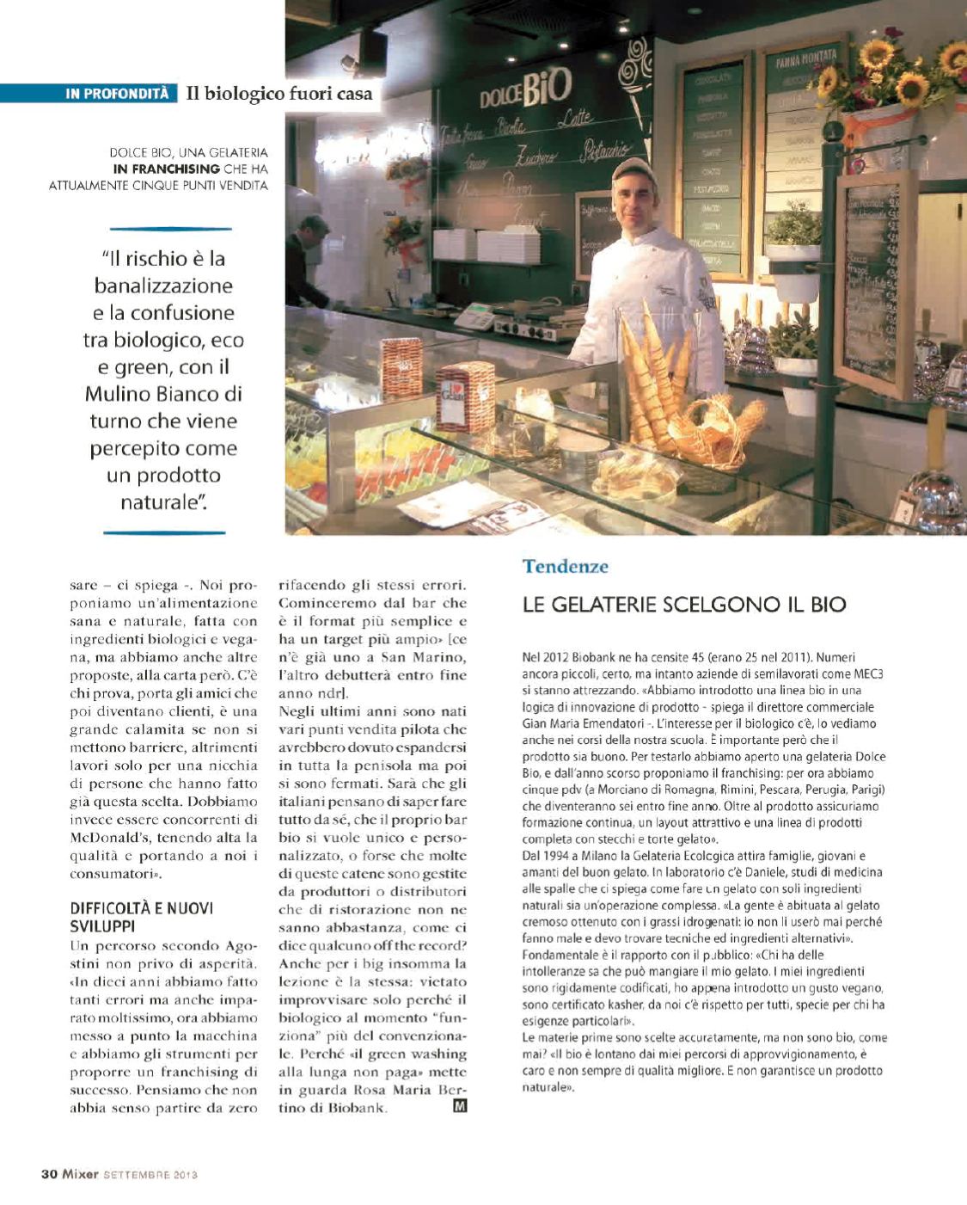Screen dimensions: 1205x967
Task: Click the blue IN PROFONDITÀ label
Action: coord(117,94)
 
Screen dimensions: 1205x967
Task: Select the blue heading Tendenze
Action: coord(565,566)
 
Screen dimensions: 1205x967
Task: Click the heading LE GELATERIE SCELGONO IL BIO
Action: coord(684,604)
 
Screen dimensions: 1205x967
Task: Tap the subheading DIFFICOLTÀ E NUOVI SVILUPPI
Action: coord(142,917)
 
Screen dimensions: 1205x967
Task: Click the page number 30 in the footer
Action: coord(49,1174)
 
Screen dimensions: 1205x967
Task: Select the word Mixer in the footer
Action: coord(80,1174)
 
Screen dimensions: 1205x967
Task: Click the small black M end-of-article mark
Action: coord(460,1107)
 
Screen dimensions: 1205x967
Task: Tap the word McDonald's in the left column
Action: coord(107,837)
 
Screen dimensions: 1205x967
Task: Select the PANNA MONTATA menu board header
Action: coord(805,61)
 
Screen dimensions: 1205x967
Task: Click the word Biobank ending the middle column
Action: coord(357,1108)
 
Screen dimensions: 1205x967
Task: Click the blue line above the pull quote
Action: coord(171,229)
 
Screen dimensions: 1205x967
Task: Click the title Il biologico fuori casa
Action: coord(279,94)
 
